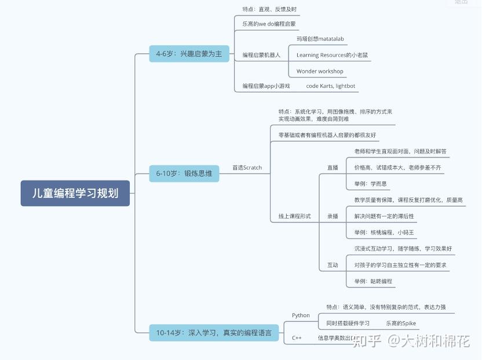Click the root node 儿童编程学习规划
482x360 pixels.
[x=75, y=193]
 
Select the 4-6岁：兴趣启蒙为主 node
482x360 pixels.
[x=189, y=54]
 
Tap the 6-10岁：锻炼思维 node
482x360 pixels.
[x=184, y=173]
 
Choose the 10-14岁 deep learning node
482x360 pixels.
[x=214, y=333]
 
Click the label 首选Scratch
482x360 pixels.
[x=247, y=168]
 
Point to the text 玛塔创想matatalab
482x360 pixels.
[x=320, y=39]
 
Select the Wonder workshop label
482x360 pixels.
[x=320, y=71]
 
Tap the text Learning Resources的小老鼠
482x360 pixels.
[x=332, y=55]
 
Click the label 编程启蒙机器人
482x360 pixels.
[x=261, y=55]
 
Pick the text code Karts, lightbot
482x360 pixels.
[x=331, y=86]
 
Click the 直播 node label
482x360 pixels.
[x=333, y=168]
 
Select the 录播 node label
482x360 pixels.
[x=333, y=216]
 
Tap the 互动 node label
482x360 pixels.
[x=333, y=265]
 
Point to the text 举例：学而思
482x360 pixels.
[x=371, y=183]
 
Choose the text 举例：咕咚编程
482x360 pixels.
[x=373, y=281]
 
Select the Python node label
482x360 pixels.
[x=301, y=315]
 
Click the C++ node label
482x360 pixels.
[x=297, y=337]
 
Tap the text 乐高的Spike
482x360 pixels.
[x=401, y=323]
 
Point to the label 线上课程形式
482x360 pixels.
[x=294, y=216]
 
